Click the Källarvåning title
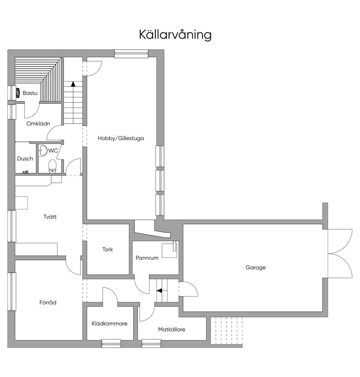pyautogui.click(x=175, y=34)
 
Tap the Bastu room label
pyautogui.click(x=30, y=93)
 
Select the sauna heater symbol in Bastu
pyautogui.click(x=18, y=93)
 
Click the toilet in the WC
pyautogui.click(x=52, y=166)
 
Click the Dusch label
pyautogui.click(x=25, y=159)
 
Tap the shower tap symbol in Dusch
pyautogui.click(x=25, y=172)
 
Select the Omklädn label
pyautogui.click(x=38, y=123)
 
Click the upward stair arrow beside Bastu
pyautogui.click(x=73, y=84)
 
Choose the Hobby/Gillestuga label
pyautogui.click(x=121, y=138)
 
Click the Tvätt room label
pyautogui.click(x=50, y=217)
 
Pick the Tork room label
pyautogui.click(x=108, y=249)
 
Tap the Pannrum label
pyautogui.click(x=147, y=258)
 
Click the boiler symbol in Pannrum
pyautogui.click(x=170, y=250)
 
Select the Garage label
pyautogui.click(x=256, y=267)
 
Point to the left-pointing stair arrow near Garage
pyautogui.click(x=159, y=291)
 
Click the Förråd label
pyautogui.click(x=48, y=302)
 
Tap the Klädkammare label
pyautogui.click(x=109, y=324)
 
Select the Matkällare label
pyautogui.click(x=172, y=330)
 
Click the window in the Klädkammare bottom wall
pyautogui.click(x=111, y=343)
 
